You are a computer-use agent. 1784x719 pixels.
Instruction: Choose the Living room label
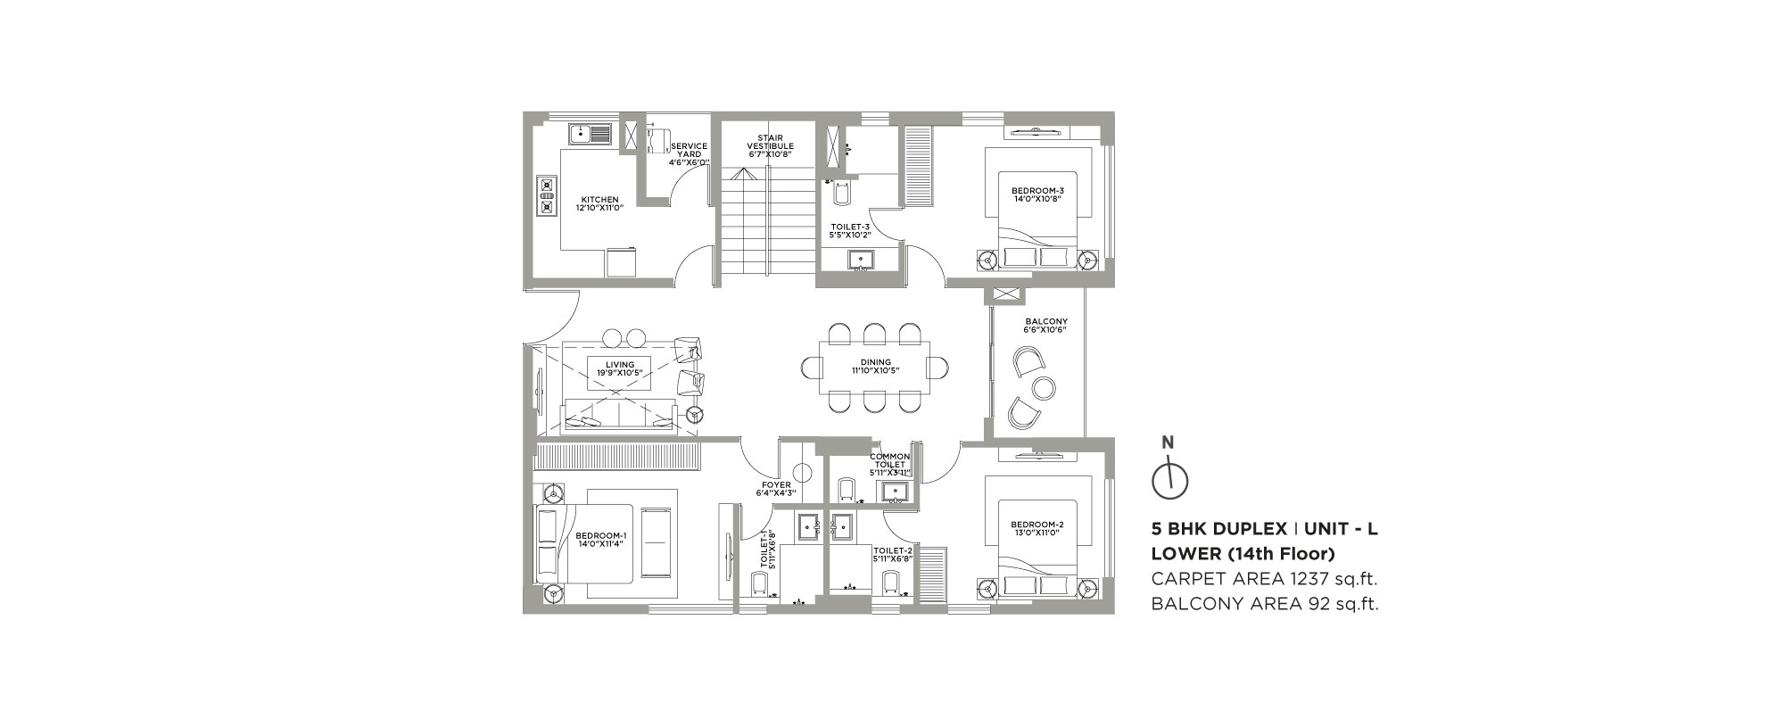click(x=620, y=364)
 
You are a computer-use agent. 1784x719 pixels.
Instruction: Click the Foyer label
click(x=776, y=485)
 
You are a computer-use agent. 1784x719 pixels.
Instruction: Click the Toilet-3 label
click(x=844, y=227)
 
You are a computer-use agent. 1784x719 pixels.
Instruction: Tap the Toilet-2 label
click(x=893, y=550)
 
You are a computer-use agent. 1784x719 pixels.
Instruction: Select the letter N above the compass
click(x=1168, y=442)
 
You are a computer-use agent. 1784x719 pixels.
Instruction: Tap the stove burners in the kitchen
click(x=546, y=196)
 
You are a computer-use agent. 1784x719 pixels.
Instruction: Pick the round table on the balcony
click(x=1044, y=387)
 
